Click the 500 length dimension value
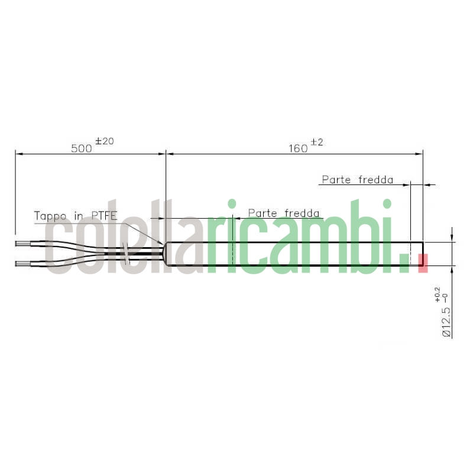[x=82, y=148]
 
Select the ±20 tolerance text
[x=105, y=141]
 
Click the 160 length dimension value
[x=298, y=148]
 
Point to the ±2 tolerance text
[x=316, y=142]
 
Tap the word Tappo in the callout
[x=50, y=216]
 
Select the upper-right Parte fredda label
[x=358, y=180]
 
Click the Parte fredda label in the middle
[x=284, y=213]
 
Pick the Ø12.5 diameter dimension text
[x=446, y=322]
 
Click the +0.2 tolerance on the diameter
[x=438, y=294]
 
